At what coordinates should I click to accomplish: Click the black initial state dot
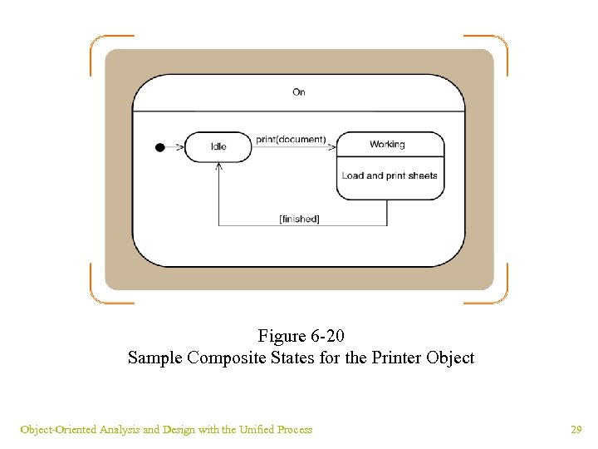[x=160, y=147]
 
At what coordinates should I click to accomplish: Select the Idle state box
[x=218, y=146]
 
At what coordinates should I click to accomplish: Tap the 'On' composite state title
[x=299, y=91]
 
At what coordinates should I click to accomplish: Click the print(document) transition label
[x=291, y=139]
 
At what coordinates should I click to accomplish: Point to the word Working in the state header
[x=387, y=144]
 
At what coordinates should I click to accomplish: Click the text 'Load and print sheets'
[x=390, y=175]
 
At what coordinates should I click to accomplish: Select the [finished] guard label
[x=300, y=219]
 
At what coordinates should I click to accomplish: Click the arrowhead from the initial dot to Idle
[x=180, y=147]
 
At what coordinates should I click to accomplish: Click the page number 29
[x=576, y=429]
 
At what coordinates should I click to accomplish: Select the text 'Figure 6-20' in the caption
[x=301, y=336]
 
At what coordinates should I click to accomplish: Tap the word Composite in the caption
[x=218, y=358]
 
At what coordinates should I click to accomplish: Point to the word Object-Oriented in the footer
[x=58, y=429]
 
